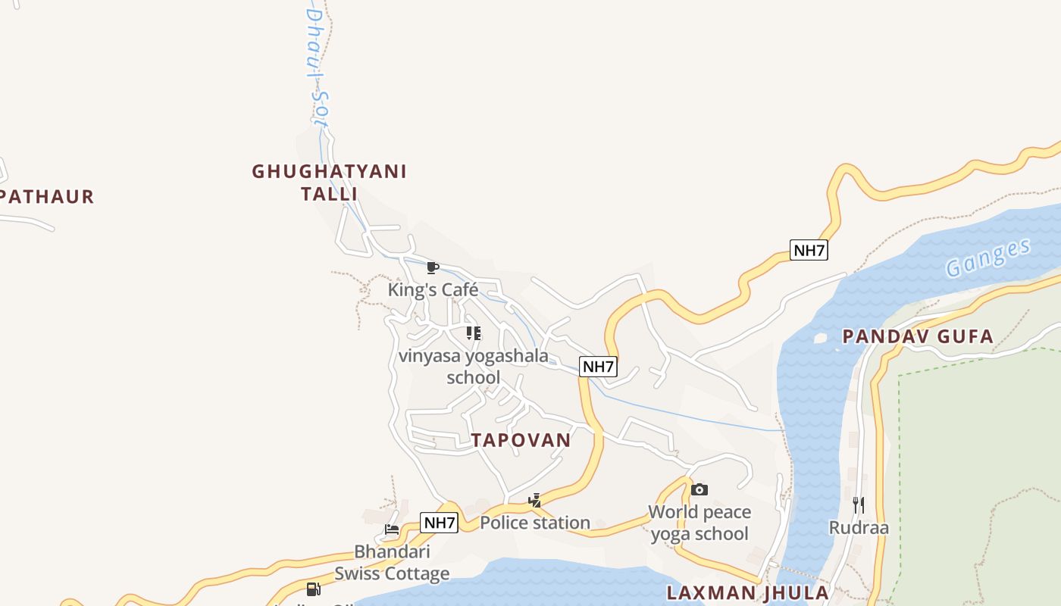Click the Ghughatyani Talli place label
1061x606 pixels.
329,183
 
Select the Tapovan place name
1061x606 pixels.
521,440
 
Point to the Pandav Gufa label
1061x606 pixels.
918,336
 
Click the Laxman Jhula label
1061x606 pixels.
747,592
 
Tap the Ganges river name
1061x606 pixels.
988,258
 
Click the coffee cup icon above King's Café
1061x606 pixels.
432,267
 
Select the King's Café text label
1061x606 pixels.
433,289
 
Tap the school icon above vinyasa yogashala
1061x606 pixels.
473,333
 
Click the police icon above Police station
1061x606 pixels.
534,500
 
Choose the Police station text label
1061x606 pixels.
535,523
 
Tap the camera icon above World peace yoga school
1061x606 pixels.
699,490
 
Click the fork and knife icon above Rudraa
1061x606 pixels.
858,505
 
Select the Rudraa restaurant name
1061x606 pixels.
858,528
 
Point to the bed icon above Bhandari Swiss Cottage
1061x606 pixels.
392,529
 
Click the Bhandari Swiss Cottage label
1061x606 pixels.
392,562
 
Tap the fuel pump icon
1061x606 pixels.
313,589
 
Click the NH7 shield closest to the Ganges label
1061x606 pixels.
808,250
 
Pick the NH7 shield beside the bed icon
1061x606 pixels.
440,523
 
